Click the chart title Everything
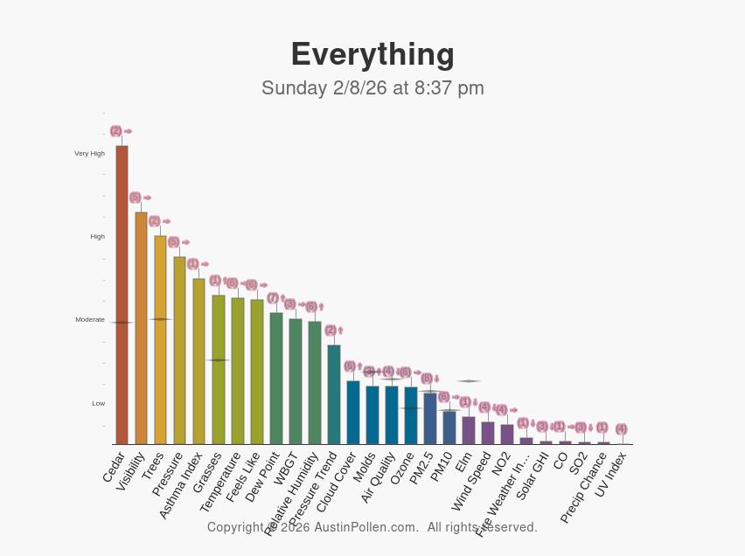(x=372, y=54)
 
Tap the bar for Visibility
(x=141, y=328)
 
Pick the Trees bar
(x=160, y=340)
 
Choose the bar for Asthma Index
(x=198, y=361)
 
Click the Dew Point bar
(x=275, y=379)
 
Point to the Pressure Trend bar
(x=333, y=394)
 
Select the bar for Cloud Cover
(x=352, y=413)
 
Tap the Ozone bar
(x=410, y=416)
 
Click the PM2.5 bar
(x=429, y=419)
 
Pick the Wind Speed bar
(x=487, y=433)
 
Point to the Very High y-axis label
(x=89, y=154)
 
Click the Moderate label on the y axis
(x=90, y=320)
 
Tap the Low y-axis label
(x=99, y=404)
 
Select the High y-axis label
(x=98, y=237)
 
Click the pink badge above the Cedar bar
(x=115, y=131)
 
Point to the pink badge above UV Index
(x=621, y=429)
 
